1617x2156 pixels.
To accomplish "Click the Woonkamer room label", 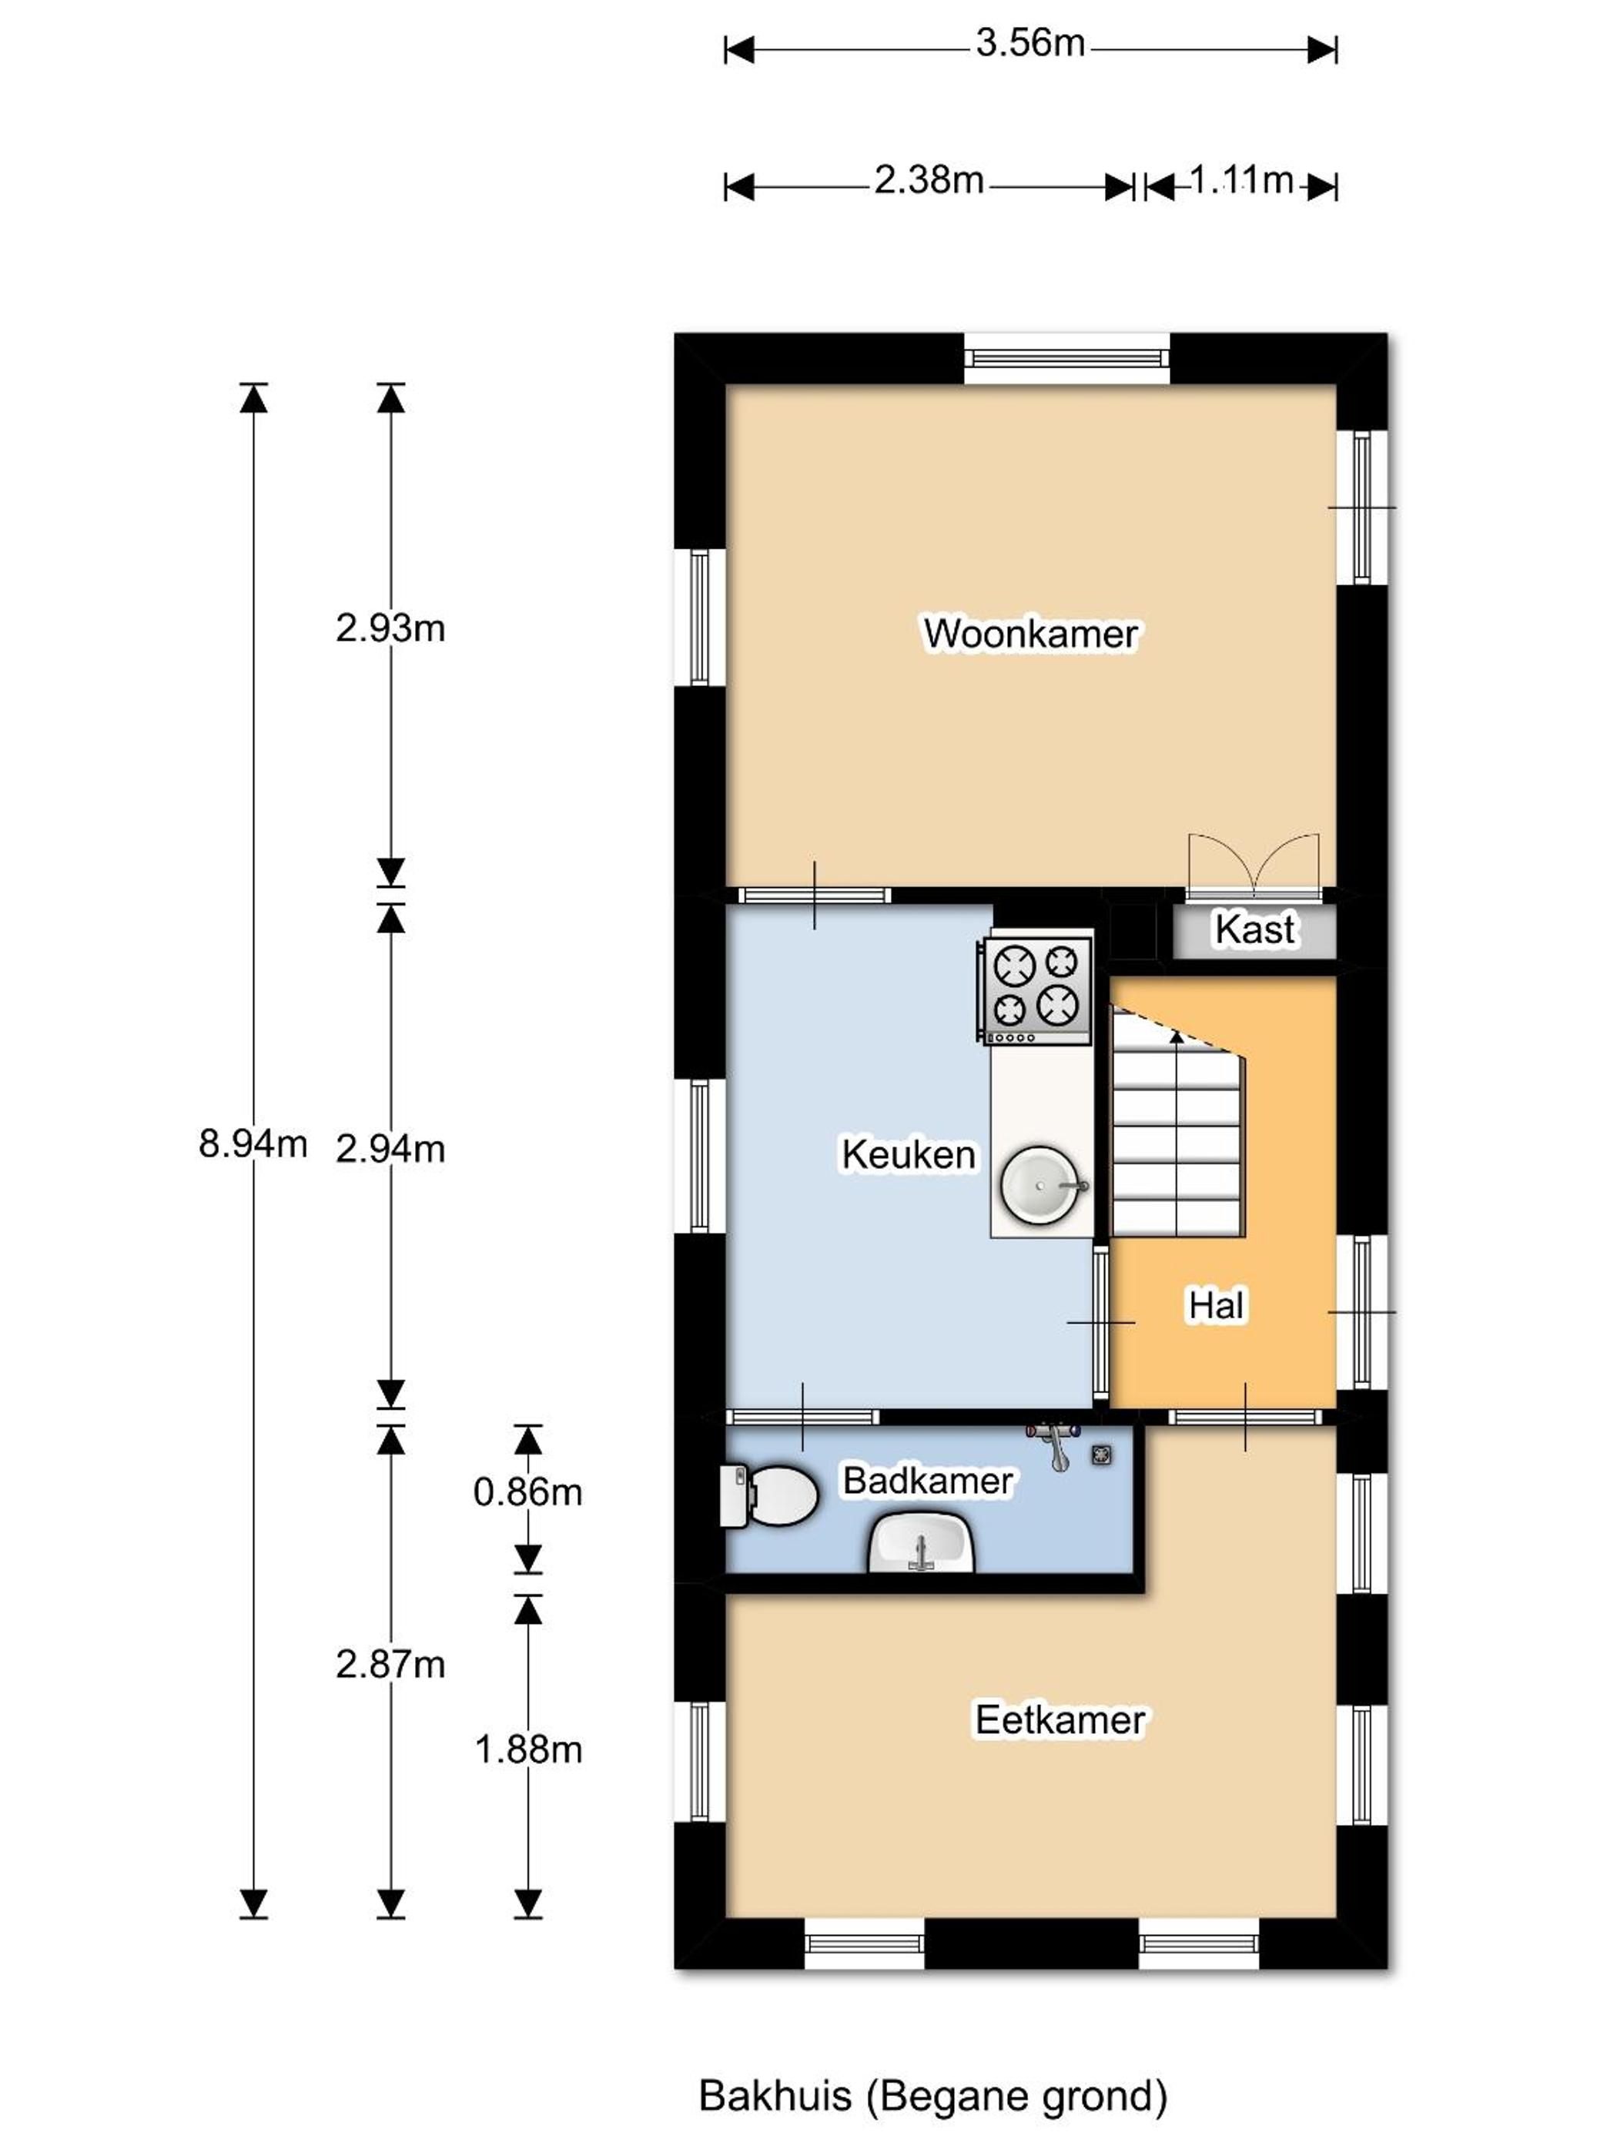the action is pos(1030,634).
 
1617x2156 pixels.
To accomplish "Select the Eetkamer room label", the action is pos(1060,1720).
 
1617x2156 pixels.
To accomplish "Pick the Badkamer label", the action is pos(928,1481).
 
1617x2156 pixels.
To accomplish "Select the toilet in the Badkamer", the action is pos(768,1495).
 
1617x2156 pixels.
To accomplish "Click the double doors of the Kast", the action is pos(1254,865).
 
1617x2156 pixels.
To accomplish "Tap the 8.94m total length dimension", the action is pos(253,1143).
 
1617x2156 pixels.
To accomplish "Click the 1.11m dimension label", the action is pos(1240,180).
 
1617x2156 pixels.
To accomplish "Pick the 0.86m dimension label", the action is pos(527,1492).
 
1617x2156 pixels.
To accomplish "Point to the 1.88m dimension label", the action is pos(528,1749).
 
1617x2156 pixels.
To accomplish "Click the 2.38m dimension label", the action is pos(929,180).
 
